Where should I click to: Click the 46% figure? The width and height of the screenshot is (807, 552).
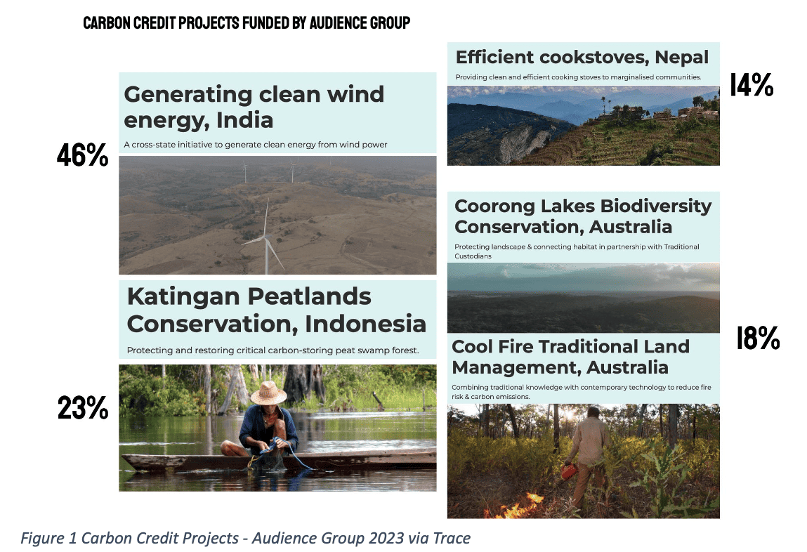click(82, 156)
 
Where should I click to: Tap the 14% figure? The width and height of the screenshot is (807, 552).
click(751, 86)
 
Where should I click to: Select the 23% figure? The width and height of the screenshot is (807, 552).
click(82, 408)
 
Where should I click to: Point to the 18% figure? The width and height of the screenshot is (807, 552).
click(758, 339)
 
